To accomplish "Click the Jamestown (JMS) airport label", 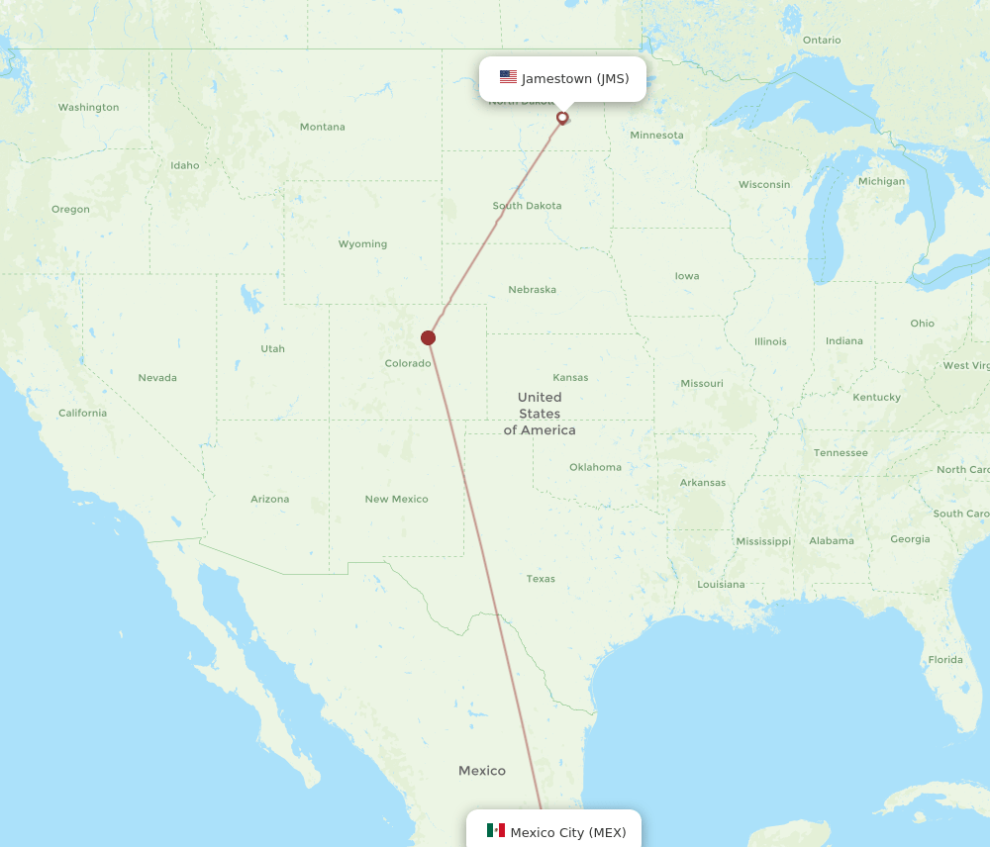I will [x=575, y=79].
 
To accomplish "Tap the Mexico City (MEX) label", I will [x=567, y=832].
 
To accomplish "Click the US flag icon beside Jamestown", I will [x=508, y=77].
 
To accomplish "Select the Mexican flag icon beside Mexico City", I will [x=496, y=830].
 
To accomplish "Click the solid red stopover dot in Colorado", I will [x=428, y=337].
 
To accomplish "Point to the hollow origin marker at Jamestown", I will [x=562, y=118].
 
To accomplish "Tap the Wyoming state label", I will [x=362, y=244].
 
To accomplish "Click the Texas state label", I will [x=541, y=579].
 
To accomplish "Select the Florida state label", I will [x=945, y=660].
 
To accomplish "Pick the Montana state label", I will [x=323, y=127].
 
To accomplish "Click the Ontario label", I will [x=822, y=41].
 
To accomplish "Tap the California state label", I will [x=82, y=413].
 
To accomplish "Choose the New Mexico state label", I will [x=396, y=499].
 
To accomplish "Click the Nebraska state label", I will [x=532, y=290].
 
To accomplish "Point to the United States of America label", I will [x=540, y=414].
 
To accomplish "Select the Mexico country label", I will [x=481, y=771].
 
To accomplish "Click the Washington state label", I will [x=88, y=107].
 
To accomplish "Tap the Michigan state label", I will [x=881, y=181].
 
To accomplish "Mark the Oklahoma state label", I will [x=595, y=467].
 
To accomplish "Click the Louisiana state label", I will [x=721, y=584].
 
